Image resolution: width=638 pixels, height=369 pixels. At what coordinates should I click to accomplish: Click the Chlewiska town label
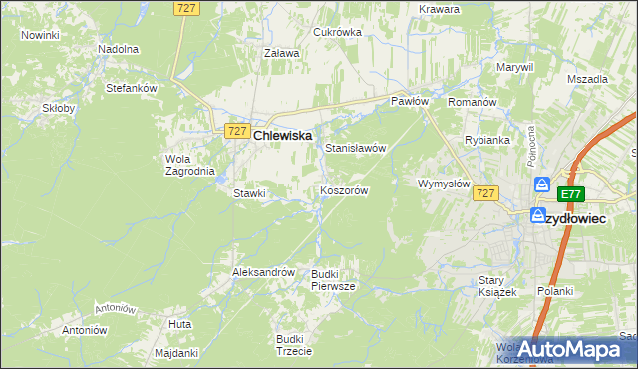[283, 135]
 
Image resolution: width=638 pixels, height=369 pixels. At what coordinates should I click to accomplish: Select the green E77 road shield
[570, 194]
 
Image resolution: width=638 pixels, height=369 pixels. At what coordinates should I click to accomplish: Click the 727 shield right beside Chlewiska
[236, 132]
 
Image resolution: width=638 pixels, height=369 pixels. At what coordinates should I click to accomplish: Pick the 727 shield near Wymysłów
[485, 193]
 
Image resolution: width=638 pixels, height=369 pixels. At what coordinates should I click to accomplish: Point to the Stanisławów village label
[355, 148]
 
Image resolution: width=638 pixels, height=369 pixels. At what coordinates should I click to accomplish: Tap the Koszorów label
[345, 190]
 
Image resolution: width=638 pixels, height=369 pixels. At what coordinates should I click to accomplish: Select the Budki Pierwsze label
[333, 279]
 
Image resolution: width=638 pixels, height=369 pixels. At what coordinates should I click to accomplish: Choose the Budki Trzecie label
[294, 345]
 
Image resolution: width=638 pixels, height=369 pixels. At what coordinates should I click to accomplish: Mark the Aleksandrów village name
[263, 272]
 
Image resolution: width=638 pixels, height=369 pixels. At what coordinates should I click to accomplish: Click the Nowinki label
[40, 35]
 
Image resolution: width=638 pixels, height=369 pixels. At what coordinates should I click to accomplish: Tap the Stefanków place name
[133, 88]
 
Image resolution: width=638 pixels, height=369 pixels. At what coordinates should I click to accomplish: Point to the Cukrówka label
[337, 32]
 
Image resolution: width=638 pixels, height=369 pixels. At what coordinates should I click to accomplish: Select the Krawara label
[440, 9]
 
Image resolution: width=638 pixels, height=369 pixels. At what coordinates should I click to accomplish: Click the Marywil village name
[515, 67]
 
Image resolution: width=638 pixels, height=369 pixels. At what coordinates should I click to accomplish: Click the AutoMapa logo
[571, 349]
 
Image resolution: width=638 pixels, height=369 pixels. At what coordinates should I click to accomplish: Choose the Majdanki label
[177, 353]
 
